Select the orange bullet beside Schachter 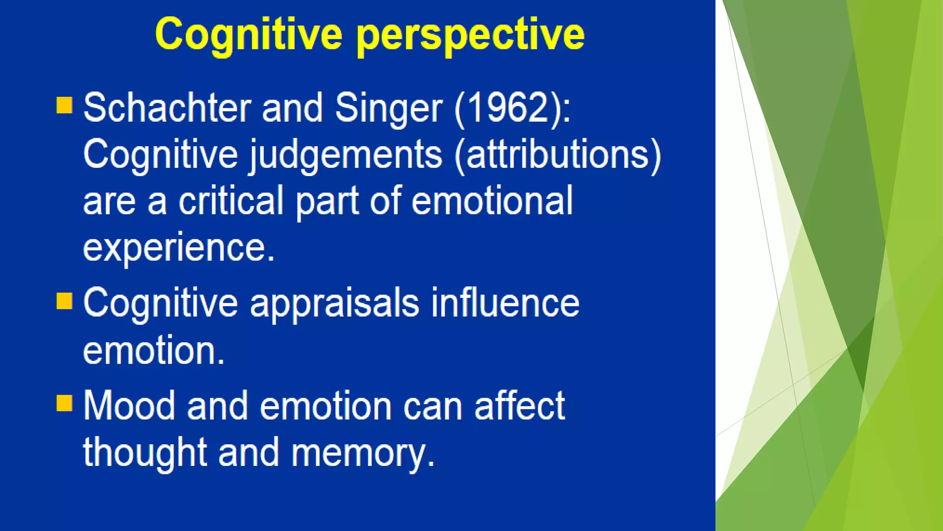click(64, 105)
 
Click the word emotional click(492, 201)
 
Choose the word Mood click(129, 406)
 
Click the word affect click(519, 406)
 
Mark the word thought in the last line click(145, 454)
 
